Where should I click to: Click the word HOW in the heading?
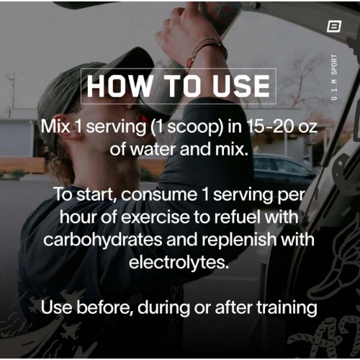[118, 86]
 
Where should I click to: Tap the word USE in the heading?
[241, 86]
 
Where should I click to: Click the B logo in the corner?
[334, 26]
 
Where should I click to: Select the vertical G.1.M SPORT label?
[334, 77]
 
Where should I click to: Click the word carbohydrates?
[103, 240]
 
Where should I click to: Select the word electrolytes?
[179, 262]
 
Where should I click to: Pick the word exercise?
[156, 217]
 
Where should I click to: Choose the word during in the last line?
[163, 308]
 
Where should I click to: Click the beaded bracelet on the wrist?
[207, 50]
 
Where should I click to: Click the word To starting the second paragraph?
[63, 194]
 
